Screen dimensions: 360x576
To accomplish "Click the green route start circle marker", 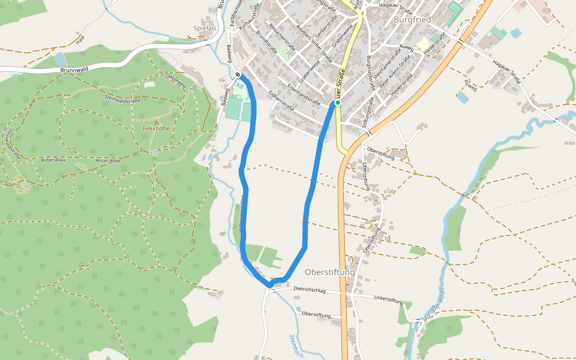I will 337,103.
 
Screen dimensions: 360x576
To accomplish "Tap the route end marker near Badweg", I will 238,76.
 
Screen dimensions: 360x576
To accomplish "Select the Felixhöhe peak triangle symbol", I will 157,121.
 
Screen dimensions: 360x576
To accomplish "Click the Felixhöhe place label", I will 157,128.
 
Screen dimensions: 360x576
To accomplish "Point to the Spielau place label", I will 205,28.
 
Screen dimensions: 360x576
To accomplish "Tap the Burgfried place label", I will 412,20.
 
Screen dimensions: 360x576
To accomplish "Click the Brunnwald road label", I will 74,70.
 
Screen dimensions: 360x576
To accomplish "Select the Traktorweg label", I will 175,79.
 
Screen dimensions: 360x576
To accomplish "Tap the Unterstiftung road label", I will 388,299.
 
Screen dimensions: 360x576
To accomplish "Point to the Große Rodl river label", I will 434,304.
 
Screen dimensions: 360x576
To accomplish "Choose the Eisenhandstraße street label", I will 303,95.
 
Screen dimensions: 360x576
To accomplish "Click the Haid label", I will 80,40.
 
